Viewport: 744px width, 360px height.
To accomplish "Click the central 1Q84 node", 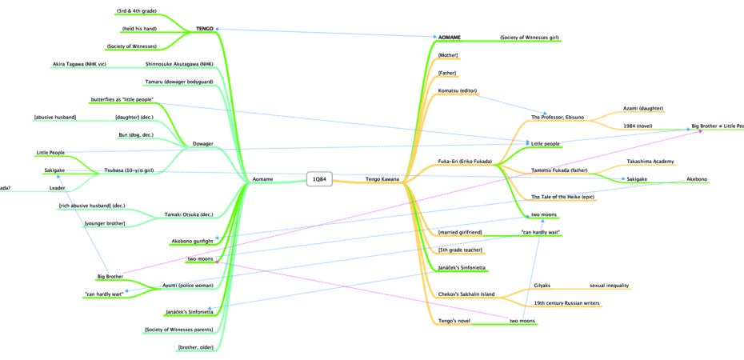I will click(319, 179).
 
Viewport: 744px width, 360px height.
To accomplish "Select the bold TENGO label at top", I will click(205, 29).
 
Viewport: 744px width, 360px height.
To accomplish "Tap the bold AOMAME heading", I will click(450, 38).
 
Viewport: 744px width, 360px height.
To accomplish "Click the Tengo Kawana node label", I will click(382, 179).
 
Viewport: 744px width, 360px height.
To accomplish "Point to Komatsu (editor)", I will click(458, 90).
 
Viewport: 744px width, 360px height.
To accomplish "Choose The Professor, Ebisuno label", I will click(558, 117).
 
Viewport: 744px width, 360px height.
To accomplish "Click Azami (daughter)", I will click(643, 108).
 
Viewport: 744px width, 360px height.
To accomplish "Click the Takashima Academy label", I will click(649, 162).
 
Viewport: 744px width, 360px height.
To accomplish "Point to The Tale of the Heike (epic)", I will click(564, 197).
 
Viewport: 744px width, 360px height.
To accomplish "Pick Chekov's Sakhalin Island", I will click(467, 294).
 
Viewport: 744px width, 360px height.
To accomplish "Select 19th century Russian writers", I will click(566, 303).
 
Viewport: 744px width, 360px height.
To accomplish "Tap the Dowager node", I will click(202, 144).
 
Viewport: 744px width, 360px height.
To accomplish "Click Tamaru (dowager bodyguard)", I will click(179, 82).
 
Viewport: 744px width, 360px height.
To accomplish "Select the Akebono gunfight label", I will click(193, 241).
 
